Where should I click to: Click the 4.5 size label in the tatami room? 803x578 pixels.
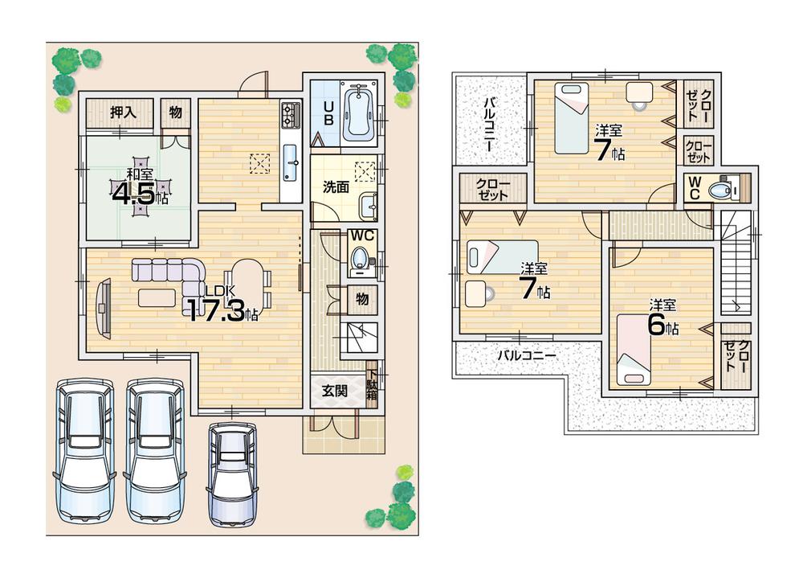(x=140, y=194)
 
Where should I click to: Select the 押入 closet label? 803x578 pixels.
(x=123, y=113)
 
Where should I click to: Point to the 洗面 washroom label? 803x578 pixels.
(x=335, y=187)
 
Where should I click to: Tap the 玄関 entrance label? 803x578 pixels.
(x=335, y=391)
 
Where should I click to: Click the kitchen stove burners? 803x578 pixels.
(x=289, y=117)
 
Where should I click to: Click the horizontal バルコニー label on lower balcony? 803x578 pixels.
(x=526, y=354)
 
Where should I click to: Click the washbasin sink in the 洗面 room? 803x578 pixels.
(x=369, y=206)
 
